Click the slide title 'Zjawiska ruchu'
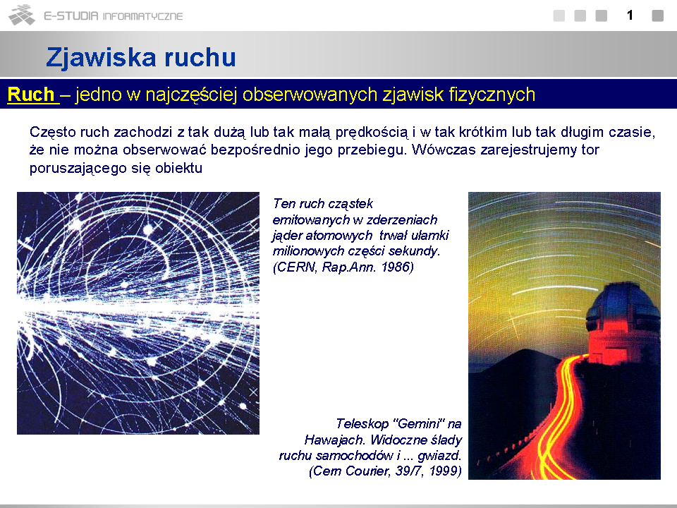pos(141,57)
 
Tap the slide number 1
pos(630,16)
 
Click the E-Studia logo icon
pos(22,15)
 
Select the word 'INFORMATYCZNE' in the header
pos(142,16)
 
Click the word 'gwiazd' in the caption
pos(437,456)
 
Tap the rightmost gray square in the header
pos(657,16)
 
